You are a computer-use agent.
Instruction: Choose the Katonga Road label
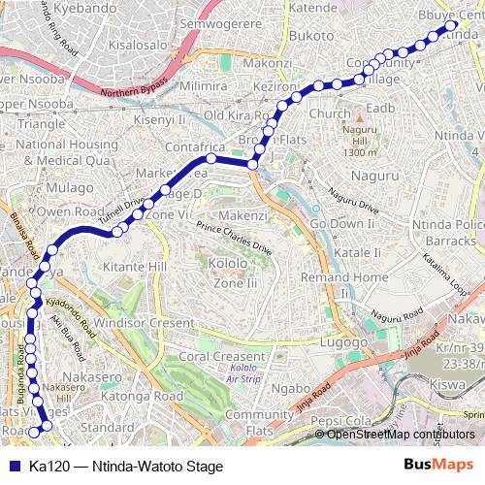pyautogui.click(x=144, y=396)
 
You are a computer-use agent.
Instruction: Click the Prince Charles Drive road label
pyautogui.click(x=234, y=237)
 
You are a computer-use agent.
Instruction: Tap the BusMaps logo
pyautogui.click(x=438, y=464)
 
